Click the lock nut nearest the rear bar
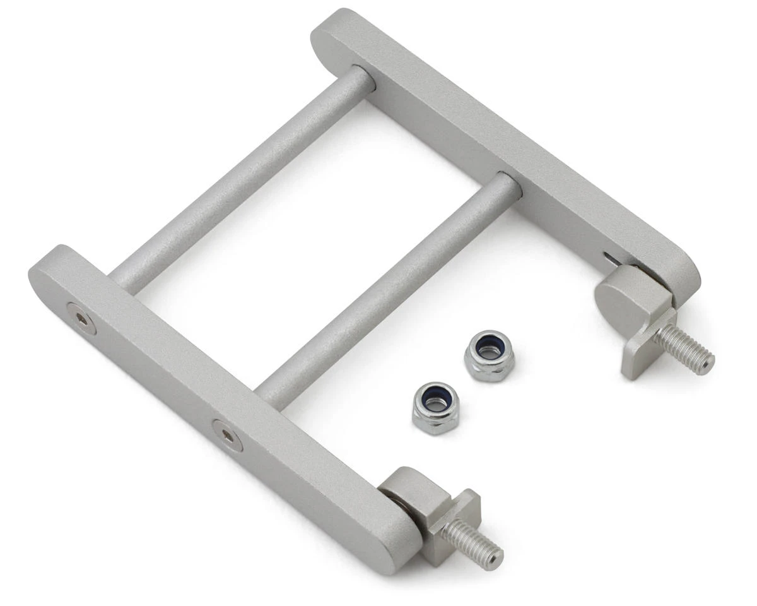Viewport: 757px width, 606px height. tap(489, 355)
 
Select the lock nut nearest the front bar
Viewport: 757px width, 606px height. tap(437, 407)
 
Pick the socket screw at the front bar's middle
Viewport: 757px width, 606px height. tap(227, 436)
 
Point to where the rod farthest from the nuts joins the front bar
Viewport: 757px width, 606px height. tap(120, 278)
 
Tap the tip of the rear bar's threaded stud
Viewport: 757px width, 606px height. tap(709, 362)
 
